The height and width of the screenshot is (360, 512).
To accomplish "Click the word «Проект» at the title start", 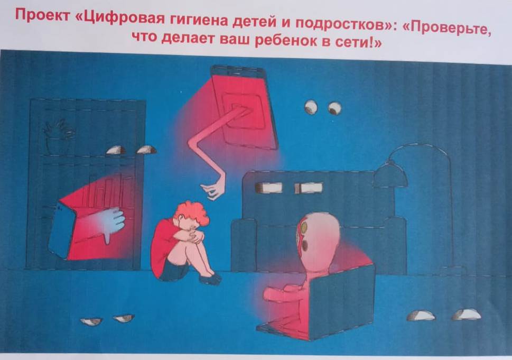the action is [42, 15].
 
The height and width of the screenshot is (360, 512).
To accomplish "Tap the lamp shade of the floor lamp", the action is [390, 176].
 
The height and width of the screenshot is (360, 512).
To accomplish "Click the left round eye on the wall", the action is [311, 107].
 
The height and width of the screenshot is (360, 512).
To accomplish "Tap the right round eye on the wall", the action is [334, 108].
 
